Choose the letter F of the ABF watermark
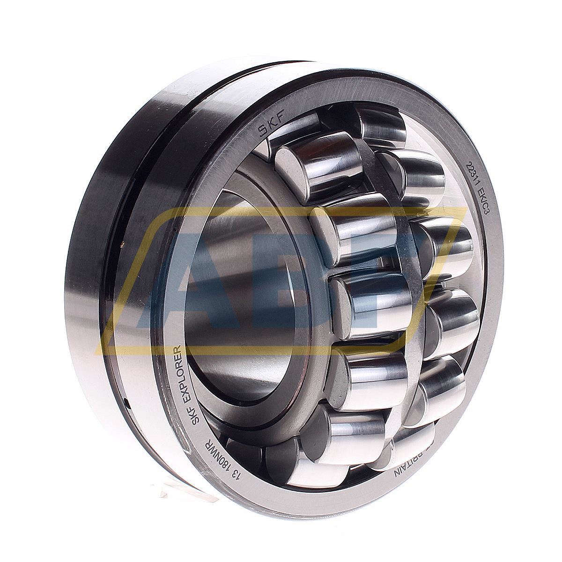pos(412,281)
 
